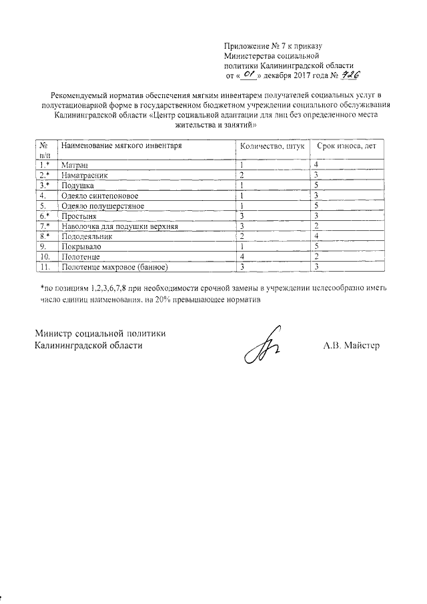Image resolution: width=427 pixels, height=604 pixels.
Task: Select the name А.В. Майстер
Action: coord(351,345)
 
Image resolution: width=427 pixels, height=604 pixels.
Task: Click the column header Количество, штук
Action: coord(268,145)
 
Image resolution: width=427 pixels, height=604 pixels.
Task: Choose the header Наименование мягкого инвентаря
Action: coord(121,145)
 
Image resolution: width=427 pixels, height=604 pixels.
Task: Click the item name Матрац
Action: coord(74,164)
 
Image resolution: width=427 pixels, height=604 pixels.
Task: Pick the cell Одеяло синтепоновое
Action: coord(99,196)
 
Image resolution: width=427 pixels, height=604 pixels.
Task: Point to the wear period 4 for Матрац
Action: coord(317,164)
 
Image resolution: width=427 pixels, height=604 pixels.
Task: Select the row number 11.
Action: coord(45,267)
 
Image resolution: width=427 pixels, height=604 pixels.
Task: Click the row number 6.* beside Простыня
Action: coord(45,216)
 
